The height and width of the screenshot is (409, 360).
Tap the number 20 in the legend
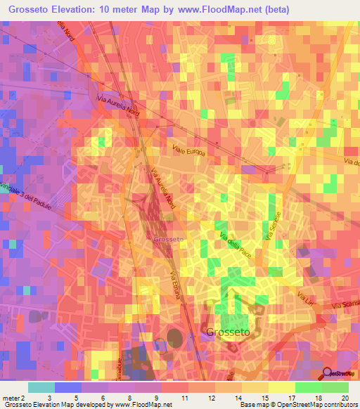[345, 398]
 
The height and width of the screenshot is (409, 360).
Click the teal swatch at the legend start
[41, 387]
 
